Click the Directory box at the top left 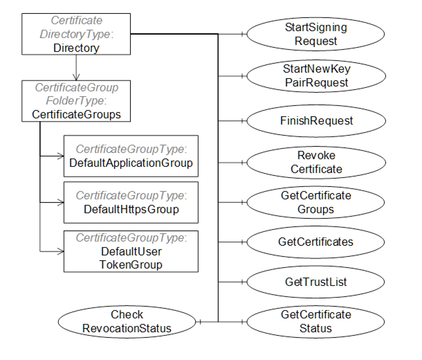point(76,35)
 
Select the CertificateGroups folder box point(76,102)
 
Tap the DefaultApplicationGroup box point(131,156)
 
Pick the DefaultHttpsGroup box point(131,202)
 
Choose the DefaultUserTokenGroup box point(131,251)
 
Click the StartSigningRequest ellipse point(315,35)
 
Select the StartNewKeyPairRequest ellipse point(315,76)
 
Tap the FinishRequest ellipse point(315,120)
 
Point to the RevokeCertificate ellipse point(315,163)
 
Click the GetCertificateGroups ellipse point(315,203)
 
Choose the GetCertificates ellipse point(315,242)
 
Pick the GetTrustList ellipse point(315,282)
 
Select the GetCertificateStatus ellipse point(315,322)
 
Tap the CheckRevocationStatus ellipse point(127,322)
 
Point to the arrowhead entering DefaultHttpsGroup point(59,203)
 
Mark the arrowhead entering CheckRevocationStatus point(201,322)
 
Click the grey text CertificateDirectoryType point(76,28)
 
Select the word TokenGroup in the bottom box point(131,264)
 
